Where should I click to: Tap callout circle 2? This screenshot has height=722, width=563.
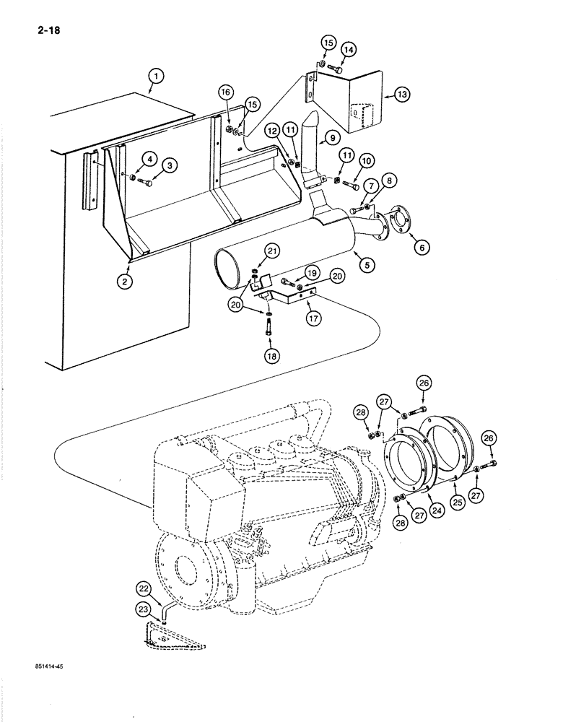pyautogui.click(x=126, y=282)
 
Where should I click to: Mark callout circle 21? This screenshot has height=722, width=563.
pyautogui.click(x=271, y=251)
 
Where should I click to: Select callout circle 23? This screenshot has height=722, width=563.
pyautogui.click(x=143, y=611)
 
